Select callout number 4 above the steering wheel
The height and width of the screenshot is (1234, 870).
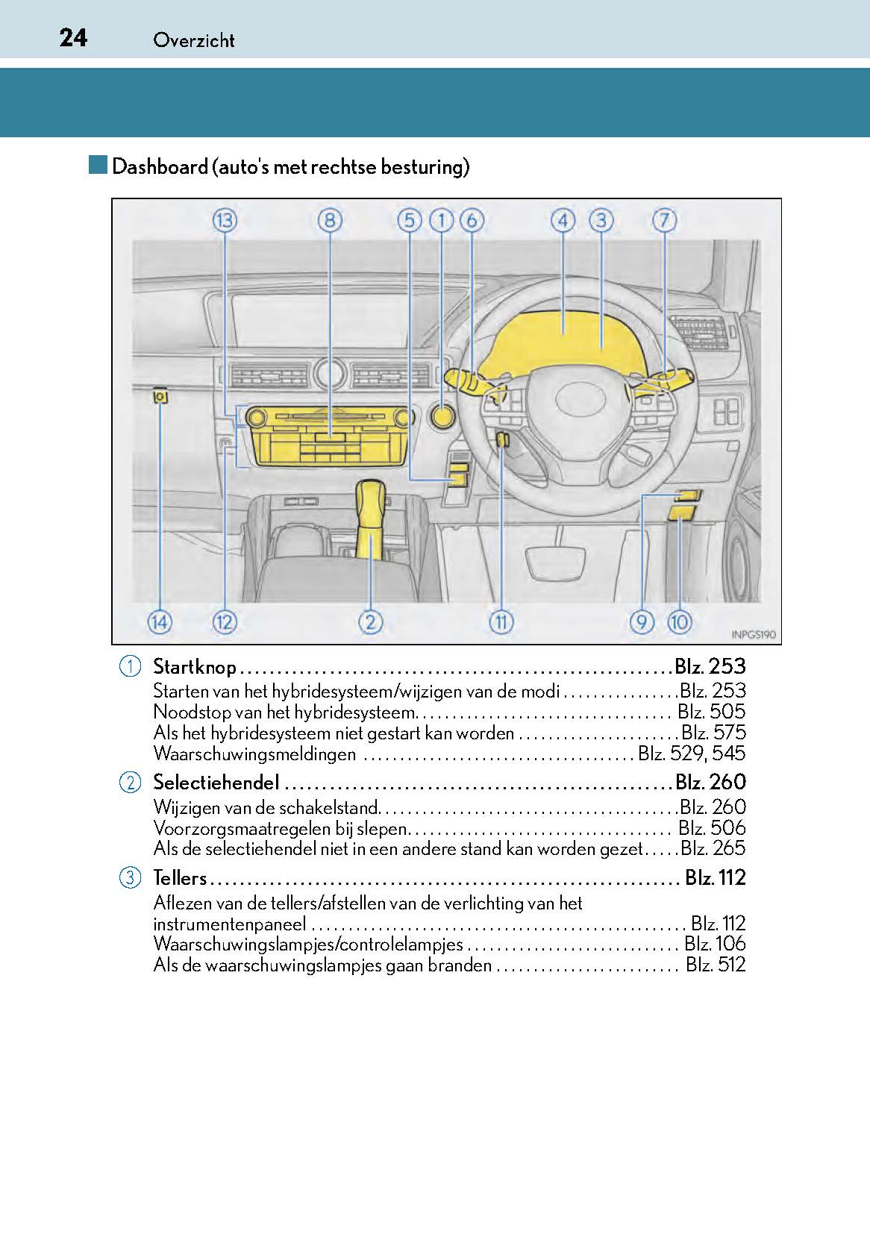click(x=563, y=220)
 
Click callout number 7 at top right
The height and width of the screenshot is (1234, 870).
click(x=664, y=220)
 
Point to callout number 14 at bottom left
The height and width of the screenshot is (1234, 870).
click(x=160, y=621)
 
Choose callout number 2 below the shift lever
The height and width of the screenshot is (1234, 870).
click(x=370, y=621)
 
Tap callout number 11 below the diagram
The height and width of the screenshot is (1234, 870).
click(x=501, y=621)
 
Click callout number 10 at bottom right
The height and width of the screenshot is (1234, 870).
click(x=679, y=621)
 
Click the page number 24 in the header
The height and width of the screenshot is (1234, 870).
click(x=73, y=37)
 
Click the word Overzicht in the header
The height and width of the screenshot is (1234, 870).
click(x=193, y=40)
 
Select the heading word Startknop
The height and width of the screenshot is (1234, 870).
click(x=194, y=666)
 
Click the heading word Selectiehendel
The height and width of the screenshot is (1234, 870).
click(x=216, y=782)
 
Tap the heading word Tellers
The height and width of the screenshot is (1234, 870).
click(x=179, y=877)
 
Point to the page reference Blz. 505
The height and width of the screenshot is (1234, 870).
click(x=711, y=712)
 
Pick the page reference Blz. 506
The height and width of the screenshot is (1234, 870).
click(x=711, y=827)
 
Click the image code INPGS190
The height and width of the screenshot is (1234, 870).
click(x=754, y=635)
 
